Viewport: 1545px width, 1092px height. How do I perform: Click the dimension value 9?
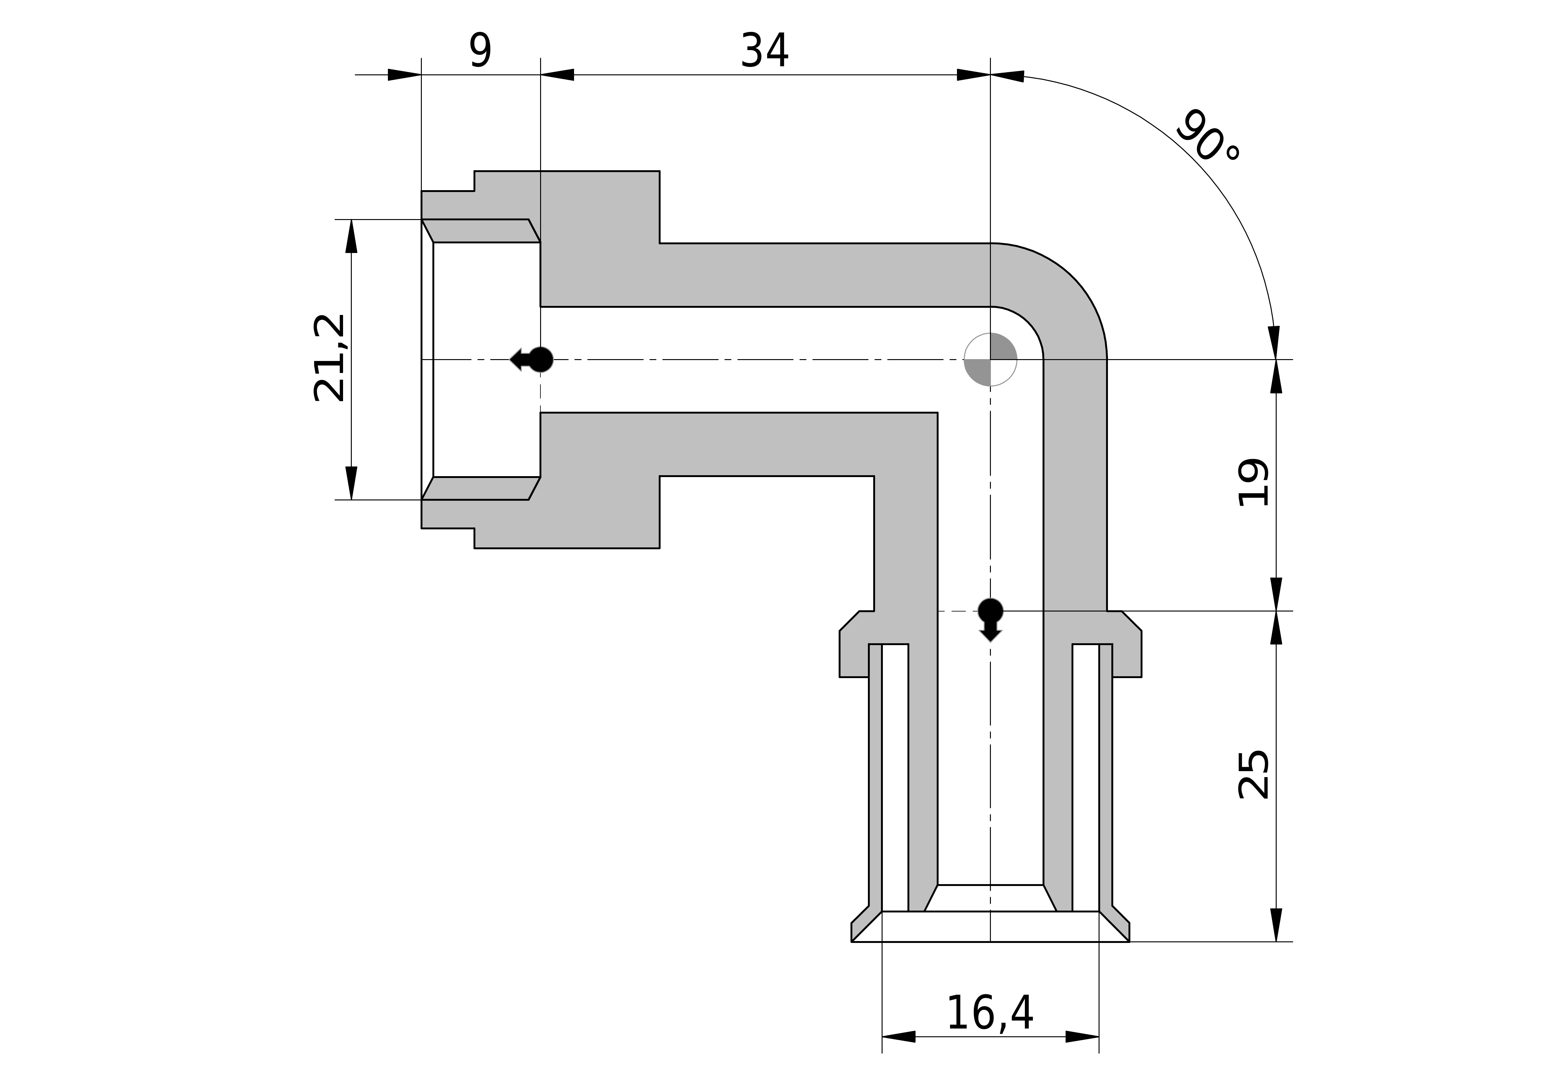coord(480,51)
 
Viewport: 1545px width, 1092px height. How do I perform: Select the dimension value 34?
coord(765,51)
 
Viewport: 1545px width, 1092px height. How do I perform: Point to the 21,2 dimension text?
coord(330,358)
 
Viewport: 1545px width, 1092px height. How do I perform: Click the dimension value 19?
coord(1254,482)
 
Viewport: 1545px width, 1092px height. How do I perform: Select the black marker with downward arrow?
coord(991,618)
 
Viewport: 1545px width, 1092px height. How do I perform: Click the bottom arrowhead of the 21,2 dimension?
coord(351,483)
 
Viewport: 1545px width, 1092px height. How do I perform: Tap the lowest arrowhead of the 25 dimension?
coord(1277,925)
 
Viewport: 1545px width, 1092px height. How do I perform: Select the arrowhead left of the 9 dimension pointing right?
coord(404,75)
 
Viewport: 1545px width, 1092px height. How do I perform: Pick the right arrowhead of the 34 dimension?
coord(974,75)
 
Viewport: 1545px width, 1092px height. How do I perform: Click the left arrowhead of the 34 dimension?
coord(557,75)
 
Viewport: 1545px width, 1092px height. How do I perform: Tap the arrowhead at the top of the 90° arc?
coord(1007,76)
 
